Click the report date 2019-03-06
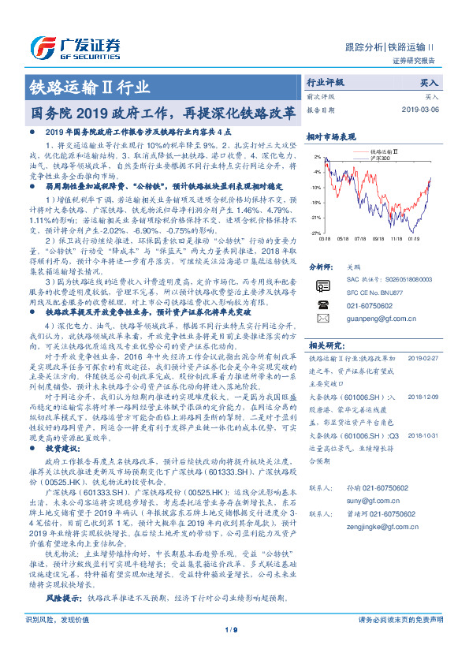click(421, 110)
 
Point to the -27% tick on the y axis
click(315, 233)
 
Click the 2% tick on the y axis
click(317, 158)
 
